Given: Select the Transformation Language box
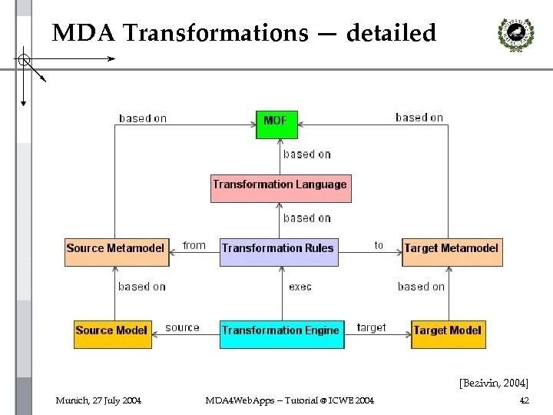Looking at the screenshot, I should (280, 185).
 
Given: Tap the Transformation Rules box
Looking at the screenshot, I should (278, 248).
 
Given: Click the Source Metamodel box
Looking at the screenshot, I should (116, 249).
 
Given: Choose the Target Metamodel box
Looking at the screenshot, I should (452, 249).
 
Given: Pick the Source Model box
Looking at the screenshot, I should (112, 331).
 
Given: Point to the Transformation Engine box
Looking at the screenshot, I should (280, 331).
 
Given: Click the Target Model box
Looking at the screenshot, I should (448, 331).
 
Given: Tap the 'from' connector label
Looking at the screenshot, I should (194, 245).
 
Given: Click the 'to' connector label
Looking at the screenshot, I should (379, 245).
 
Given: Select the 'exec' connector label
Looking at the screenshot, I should (300, 287).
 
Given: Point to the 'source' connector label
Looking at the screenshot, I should (182, 327).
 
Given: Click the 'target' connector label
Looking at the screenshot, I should (372, 327).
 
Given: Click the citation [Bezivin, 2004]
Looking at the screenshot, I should (494, 382).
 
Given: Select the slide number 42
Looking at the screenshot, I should (524, 400).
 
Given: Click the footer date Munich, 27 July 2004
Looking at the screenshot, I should (98, 400).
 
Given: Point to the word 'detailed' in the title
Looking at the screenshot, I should (391, 34).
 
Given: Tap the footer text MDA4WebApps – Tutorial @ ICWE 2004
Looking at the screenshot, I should (290, 400).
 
